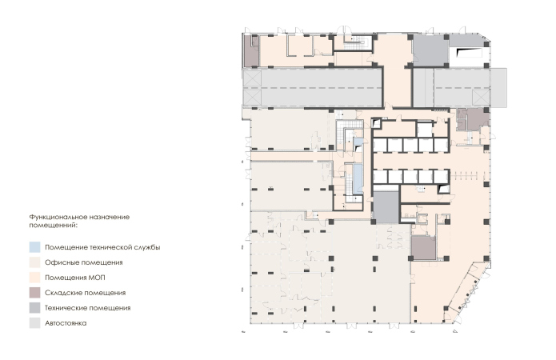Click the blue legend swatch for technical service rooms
34,247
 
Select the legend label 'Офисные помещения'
84,262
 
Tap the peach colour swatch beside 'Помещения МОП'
34,278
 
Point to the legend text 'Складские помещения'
85,293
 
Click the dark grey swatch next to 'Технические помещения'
34,308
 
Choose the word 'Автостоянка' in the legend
66,323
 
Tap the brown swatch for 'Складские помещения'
34,293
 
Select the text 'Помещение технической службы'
102,247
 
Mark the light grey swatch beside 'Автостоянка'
34,323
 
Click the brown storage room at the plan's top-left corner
251,50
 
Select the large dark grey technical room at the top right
429,50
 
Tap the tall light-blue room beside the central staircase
359,175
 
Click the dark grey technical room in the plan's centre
386,206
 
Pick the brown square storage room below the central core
423,248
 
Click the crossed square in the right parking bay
481,98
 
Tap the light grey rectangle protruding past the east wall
498,88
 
